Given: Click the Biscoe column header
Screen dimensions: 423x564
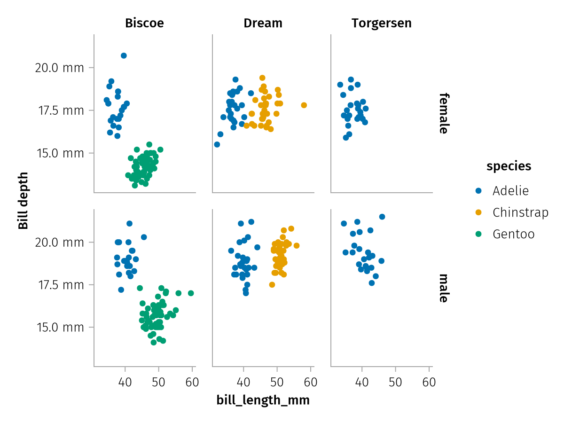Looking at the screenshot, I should click(144, 23).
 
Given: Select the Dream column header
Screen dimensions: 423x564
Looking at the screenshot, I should click(263, 23).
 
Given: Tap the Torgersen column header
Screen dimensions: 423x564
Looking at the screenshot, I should click(381, 23).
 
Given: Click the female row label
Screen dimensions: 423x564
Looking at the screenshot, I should click(443, 113).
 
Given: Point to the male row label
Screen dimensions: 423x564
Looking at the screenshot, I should click(443, 288).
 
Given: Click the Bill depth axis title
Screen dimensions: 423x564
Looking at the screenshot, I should click(23, 201).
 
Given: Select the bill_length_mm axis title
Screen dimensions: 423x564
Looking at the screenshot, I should click(263, 400).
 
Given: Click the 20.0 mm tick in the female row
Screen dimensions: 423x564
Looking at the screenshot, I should click(59, 68).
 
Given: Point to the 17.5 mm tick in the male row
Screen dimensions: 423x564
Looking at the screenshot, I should click(59, 285).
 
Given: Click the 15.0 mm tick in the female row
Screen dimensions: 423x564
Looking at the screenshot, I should click(59, 153).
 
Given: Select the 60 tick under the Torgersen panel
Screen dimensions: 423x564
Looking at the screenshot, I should click(429, 382).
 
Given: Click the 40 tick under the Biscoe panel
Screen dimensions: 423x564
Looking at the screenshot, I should click(125, 382).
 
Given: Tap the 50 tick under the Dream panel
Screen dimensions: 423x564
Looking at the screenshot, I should click(277, 382).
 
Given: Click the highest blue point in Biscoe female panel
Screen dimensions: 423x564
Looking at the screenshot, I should click(124, 55).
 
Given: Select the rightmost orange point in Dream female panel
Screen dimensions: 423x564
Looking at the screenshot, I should click(304, 105).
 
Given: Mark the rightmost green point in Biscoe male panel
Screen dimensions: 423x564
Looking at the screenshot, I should click(191, 293).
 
